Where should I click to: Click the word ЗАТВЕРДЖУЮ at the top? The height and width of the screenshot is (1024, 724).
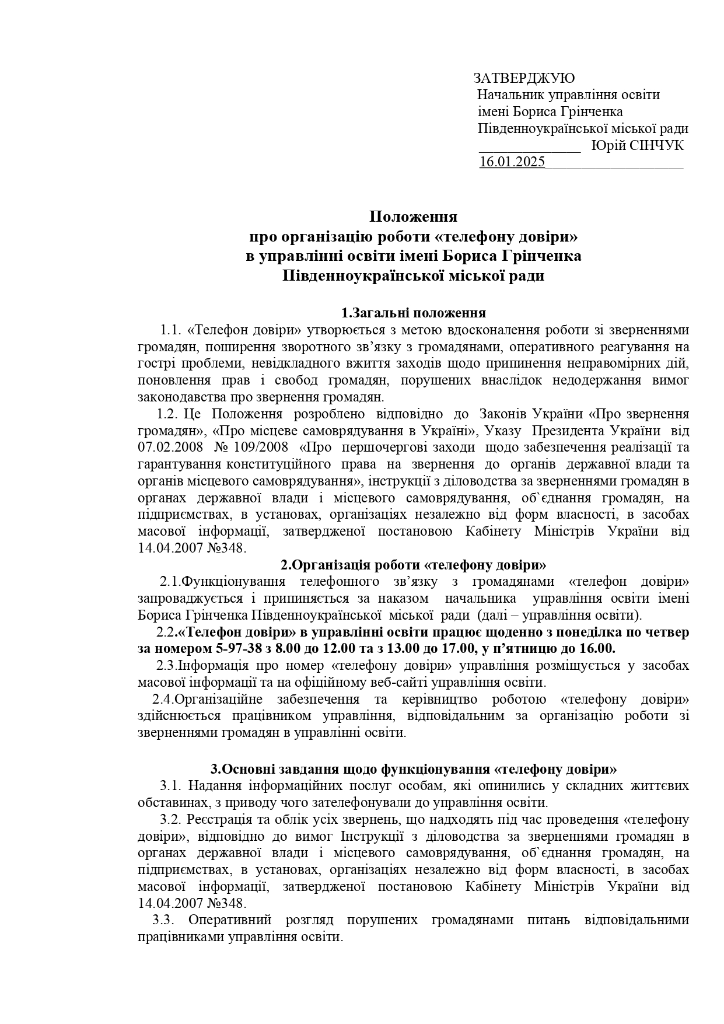point(524,79)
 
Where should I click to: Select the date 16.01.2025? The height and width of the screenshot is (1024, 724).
point(512,162)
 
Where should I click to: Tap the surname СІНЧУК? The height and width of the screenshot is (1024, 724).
point(656,146)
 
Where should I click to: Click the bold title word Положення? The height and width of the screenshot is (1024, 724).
point(413,217)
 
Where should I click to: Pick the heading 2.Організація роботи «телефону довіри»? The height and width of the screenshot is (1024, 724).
point(413,565)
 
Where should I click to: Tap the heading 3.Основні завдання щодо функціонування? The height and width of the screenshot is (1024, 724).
point(413,768)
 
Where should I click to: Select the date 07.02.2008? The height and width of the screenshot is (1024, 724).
point(170,448)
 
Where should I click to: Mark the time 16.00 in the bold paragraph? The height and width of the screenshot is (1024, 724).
point(596,649)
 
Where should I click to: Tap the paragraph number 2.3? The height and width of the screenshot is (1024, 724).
point(166,666)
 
